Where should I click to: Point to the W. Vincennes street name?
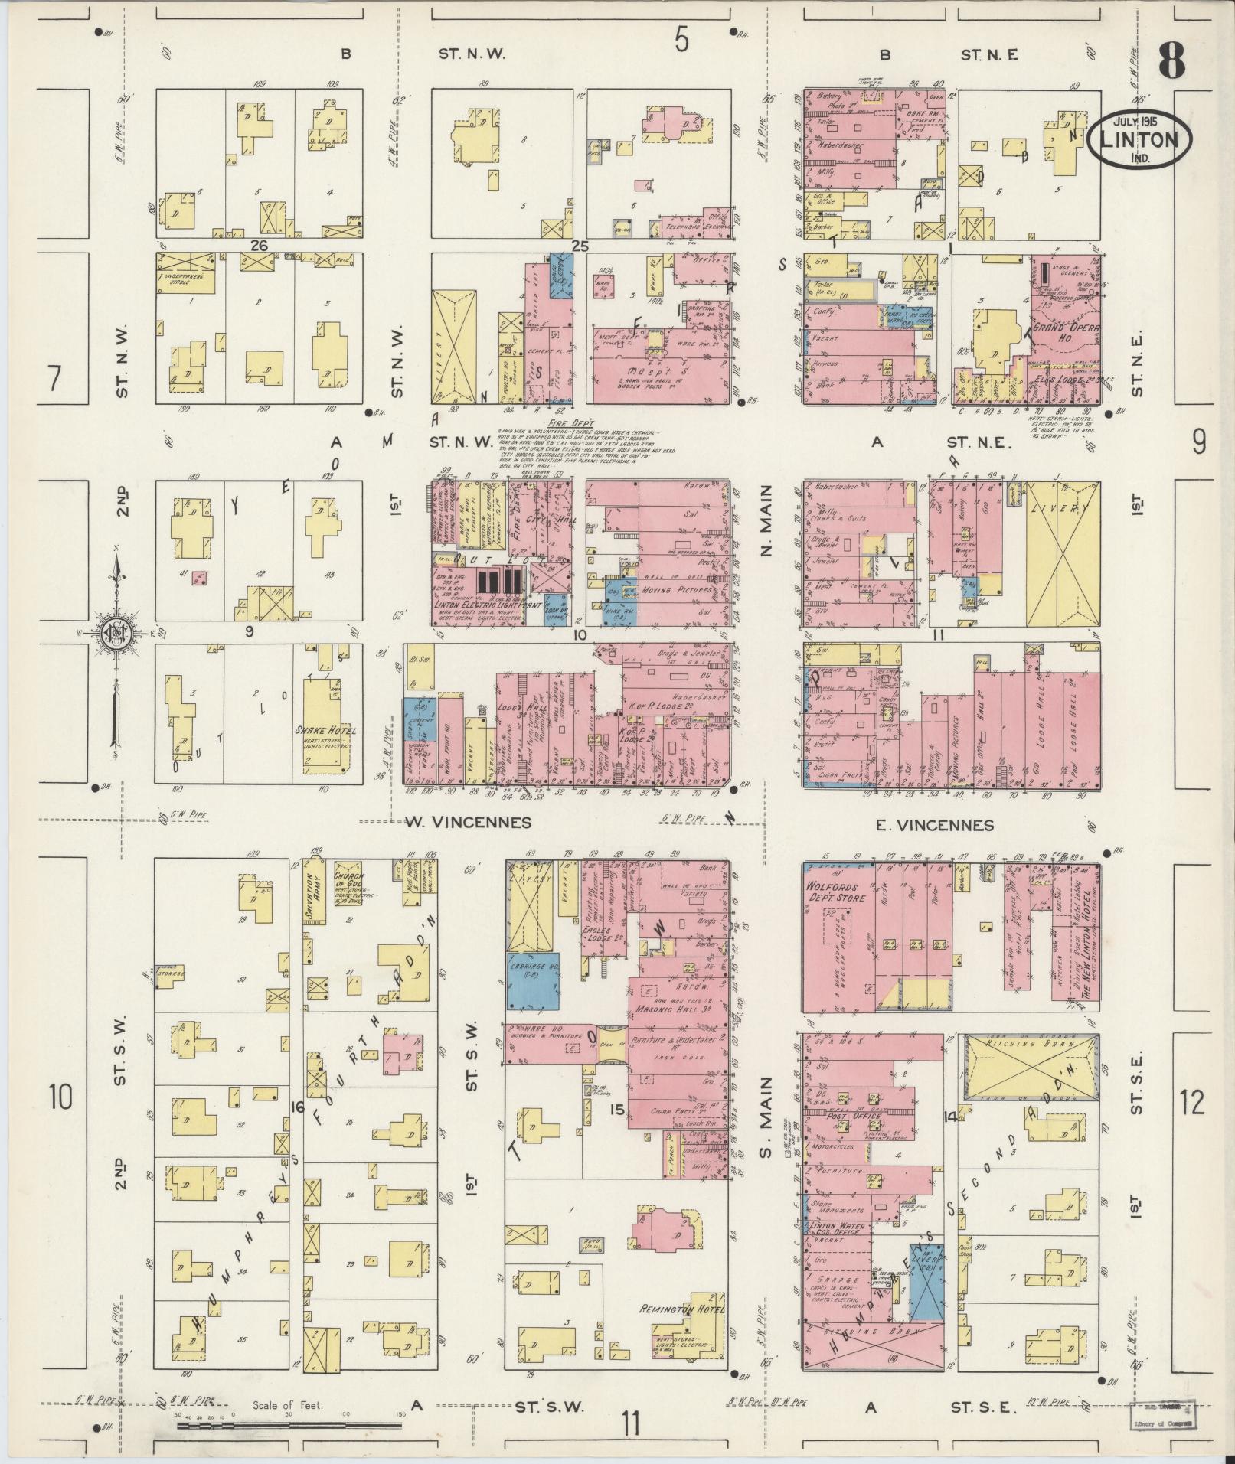tap(468, 823)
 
